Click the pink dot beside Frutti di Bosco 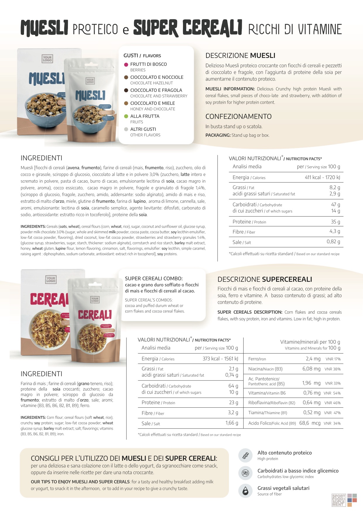coord(126,64)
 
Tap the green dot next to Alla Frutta coord(126,116)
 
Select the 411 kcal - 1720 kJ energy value coord(322,177)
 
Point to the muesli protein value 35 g coord(335,222)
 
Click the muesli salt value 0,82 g coord(333,242)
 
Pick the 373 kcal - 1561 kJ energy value coord(220,359)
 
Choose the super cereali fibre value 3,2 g coord(233,413)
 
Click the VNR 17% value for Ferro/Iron coord(333,359)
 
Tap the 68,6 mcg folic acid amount coord(310,423)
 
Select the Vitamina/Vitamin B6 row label coord(267,393)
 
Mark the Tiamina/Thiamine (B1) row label coord(268,413)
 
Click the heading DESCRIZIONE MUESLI coord(240,56)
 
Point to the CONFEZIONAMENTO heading coord(238,116)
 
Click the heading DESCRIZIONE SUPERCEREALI coord(265,279)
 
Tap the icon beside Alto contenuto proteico coord(246,455)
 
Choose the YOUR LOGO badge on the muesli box coord(47,59)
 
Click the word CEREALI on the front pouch coord(95,315)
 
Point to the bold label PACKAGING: coord(218,135)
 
